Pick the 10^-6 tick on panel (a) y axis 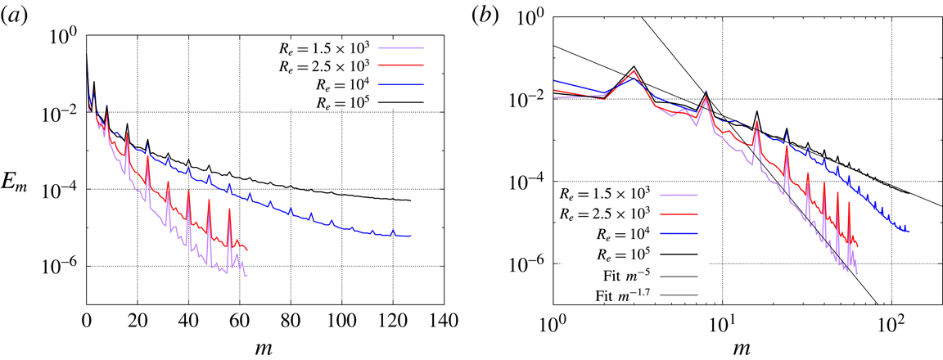click(x=62, y=267)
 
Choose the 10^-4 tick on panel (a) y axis click(x=62, y=190)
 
